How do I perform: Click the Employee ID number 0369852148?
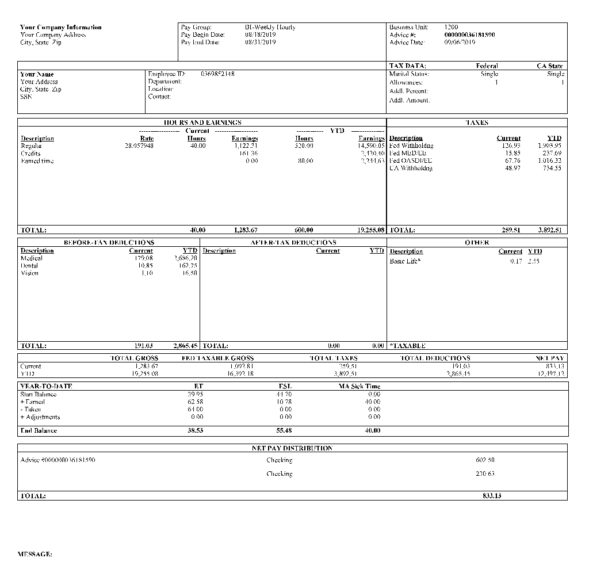217,74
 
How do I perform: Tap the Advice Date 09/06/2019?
460,43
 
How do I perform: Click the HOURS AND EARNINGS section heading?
202,123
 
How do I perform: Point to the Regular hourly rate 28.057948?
139,146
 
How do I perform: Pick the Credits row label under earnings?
30,154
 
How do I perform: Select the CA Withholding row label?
411,169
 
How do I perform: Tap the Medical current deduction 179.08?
143,258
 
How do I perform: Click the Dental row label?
29,266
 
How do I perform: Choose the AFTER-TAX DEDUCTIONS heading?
293,243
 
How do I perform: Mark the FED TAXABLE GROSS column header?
217,358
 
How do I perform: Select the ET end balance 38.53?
196,430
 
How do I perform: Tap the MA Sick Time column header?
359,387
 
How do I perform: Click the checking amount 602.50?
485,460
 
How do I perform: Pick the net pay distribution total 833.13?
491,496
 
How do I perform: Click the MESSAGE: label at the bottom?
35,555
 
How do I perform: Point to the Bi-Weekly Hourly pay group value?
270,28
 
